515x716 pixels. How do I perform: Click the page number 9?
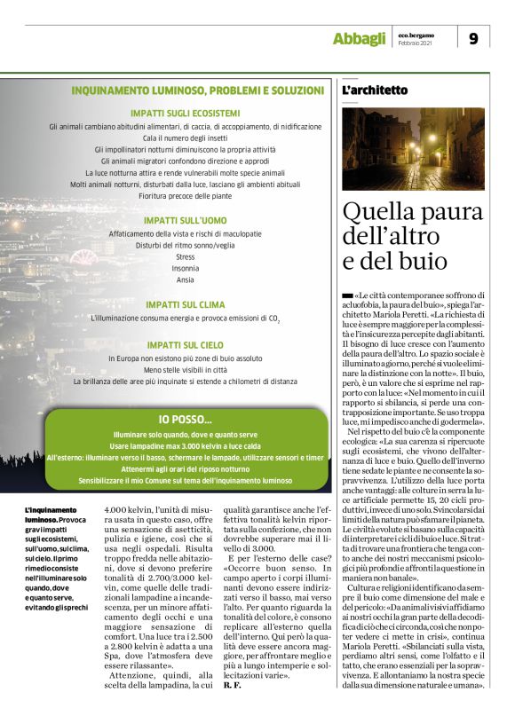click(473, 38)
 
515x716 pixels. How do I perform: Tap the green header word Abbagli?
click(359, 38)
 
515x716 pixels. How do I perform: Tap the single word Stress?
click(186, 256)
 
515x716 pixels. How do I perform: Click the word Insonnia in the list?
click(186, 268)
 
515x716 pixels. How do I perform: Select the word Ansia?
click(186, 279)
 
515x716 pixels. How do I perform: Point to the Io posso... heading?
click(186, 419)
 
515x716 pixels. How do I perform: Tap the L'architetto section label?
click(375, 90)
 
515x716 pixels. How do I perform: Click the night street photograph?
click(413, 149)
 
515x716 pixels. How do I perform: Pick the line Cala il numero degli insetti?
click(186, 139)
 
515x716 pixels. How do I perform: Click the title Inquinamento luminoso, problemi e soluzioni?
click(197, 90)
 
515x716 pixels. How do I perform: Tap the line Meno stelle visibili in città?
click(186, 368)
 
